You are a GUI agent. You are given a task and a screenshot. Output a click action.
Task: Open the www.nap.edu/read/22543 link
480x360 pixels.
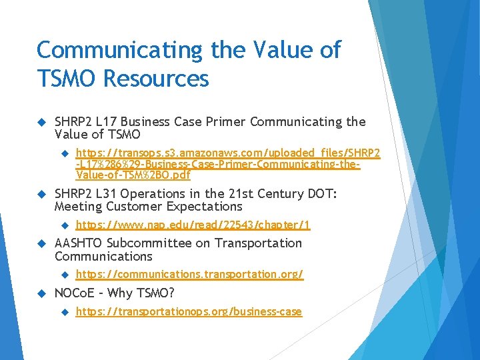193,225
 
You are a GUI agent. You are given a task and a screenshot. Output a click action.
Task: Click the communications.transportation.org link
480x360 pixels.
189,274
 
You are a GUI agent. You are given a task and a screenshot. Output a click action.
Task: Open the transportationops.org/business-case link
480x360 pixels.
189,311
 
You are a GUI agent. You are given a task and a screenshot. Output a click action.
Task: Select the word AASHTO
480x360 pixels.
79,243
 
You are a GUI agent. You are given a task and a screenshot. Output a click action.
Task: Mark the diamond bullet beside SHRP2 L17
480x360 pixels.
41,123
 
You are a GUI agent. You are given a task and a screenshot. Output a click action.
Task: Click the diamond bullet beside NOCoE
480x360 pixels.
41,294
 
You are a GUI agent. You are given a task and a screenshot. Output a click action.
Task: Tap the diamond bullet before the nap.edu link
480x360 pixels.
65,226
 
